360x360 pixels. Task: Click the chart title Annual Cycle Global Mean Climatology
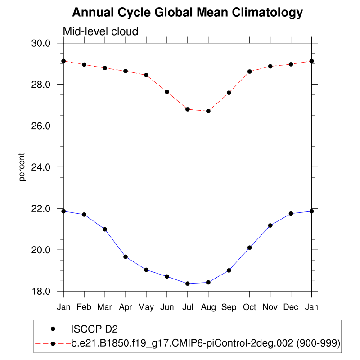(187, 13)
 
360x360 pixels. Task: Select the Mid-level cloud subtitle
(100, 31)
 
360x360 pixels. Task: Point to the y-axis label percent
(22, 167)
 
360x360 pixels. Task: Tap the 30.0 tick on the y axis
(45, 43)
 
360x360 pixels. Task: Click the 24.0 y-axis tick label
(45, 167)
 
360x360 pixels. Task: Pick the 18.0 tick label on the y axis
(45, 292)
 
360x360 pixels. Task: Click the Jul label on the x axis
(188, 307)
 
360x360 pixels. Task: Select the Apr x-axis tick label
(126, 307)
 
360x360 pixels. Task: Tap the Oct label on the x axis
(250, 307)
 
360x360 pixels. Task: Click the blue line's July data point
(188, 283)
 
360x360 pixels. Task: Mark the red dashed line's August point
(208, 111)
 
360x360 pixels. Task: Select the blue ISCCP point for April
(126, 256)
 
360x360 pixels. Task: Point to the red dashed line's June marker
(167, 92)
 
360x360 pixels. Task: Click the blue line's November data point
(270, 225)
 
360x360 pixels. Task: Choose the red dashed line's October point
(250, 72)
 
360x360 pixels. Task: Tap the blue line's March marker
(105, 229)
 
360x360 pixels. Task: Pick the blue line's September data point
(229, 270)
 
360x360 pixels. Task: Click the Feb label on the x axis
(84, 307)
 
